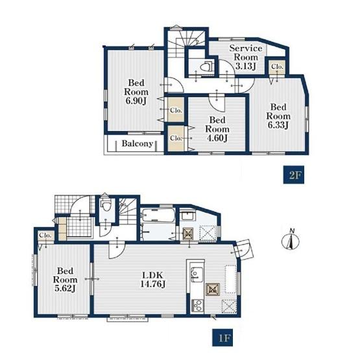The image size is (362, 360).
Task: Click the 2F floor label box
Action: (293, 175)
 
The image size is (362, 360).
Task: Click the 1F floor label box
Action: (223, 337)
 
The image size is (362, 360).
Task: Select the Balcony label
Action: (137, 143)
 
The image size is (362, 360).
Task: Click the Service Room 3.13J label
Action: (246, 57)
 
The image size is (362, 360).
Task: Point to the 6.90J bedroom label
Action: (136, 91)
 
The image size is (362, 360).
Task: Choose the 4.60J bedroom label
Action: (217, 129)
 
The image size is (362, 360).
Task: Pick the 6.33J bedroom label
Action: (278, 116)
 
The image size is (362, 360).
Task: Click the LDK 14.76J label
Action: (152, 280)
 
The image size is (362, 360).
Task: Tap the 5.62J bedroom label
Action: (65, 280)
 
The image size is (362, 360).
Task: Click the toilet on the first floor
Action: (106, 205)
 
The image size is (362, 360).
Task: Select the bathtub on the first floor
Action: (158, 216)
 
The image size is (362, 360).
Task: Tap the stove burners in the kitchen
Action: (198, 306)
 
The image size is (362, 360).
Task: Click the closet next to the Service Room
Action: (277, 67)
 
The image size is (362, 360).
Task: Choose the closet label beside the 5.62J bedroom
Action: (45, 235)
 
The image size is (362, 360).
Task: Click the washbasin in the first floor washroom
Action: (188, 215)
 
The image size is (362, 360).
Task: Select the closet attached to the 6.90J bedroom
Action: (176, 110)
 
